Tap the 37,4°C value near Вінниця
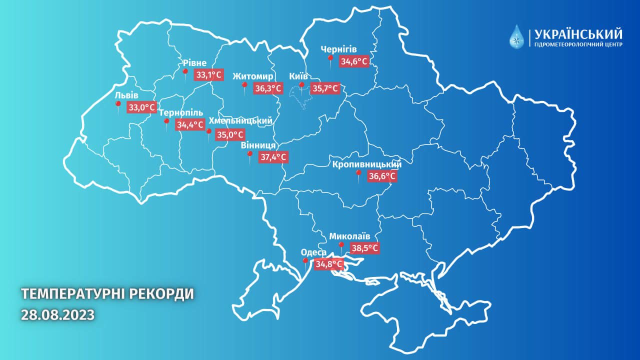tap(273, 157)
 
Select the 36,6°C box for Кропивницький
tap(382, 176)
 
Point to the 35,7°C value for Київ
tap(325, 89)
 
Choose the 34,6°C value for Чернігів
tap(354, 62)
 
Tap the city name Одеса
tap(313, 252)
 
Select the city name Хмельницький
tap(240, 121)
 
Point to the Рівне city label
tap(194, 62)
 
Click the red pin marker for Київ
tap(301, 86)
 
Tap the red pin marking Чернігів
tap(330, 59)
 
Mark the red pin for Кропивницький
tap(358, 173)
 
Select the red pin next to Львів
tap(118, 104)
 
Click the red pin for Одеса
tap(305, 261)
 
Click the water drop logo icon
tap(517, 37)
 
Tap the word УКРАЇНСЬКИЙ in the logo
tap(578, 34)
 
